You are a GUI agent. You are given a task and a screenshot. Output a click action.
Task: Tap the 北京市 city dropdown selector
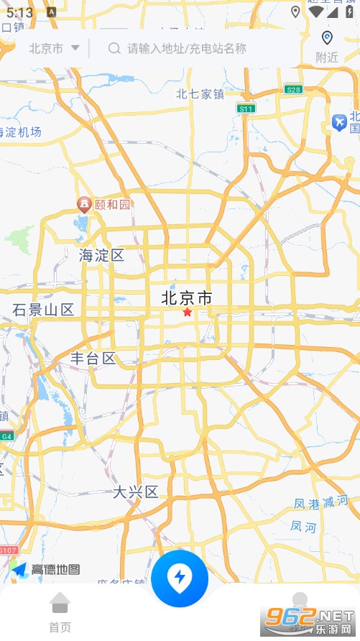54,48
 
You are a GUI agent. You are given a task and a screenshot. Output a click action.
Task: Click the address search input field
187,48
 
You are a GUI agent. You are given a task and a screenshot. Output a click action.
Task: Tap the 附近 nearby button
327,47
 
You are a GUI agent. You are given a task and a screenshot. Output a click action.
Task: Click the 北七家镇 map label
200,93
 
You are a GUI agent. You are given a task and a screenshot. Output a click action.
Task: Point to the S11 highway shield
246,109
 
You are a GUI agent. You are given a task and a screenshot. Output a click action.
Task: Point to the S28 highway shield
292,89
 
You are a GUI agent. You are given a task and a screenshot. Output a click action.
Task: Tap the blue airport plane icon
339,123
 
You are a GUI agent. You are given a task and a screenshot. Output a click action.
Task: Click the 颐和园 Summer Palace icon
85,205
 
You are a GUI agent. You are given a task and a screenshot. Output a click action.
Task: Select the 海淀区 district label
101,255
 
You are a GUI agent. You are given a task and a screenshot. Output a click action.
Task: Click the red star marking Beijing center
188,313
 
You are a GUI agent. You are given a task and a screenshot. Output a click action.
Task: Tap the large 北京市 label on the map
187,298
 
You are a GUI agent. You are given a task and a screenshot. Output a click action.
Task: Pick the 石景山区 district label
43,310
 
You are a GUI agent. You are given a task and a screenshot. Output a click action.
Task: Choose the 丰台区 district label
93,358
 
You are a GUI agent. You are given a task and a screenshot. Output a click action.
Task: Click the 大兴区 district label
135,492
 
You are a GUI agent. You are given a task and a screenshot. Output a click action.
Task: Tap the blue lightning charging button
180,578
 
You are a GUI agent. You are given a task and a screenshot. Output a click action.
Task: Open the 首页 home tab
60,612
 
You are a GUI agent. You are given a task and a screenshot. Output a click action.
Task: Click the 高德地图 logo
45,570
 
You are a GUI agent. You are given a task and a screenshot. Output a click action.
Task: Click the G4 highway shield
6,435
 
